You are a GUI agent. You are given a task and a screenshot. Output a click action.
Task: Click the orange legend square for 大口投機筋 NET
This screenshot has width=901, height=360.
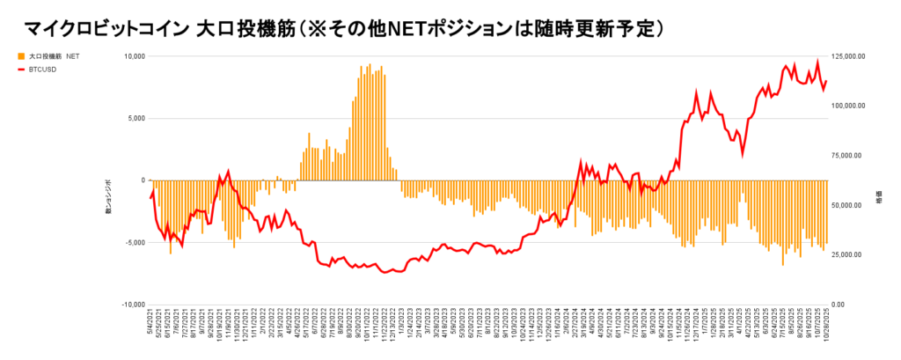pos(21,55)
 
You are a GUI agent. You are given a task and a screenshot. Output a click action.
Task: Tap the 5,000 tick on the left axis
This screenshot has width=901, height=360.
pos(133,118)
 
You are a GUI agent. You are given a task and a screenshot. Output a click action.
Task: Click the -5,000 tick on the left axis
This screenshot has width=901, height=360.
pos(132,242)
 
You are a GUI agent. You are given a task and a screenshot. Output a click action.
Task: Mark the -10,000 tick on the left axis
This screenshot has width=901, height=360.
pos(130,305)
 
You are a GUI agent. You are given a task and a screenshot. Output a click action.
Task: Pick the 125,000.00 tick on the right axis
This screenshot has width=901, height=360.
pos(849,56)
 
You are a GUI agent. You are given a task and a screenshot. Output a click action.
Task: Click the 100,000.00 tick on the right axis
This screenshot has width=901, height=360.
pos(849,106)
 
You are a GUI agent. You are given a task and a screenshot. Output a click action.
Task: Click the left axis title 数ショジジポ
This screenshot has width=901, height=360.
pos(110,197)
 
